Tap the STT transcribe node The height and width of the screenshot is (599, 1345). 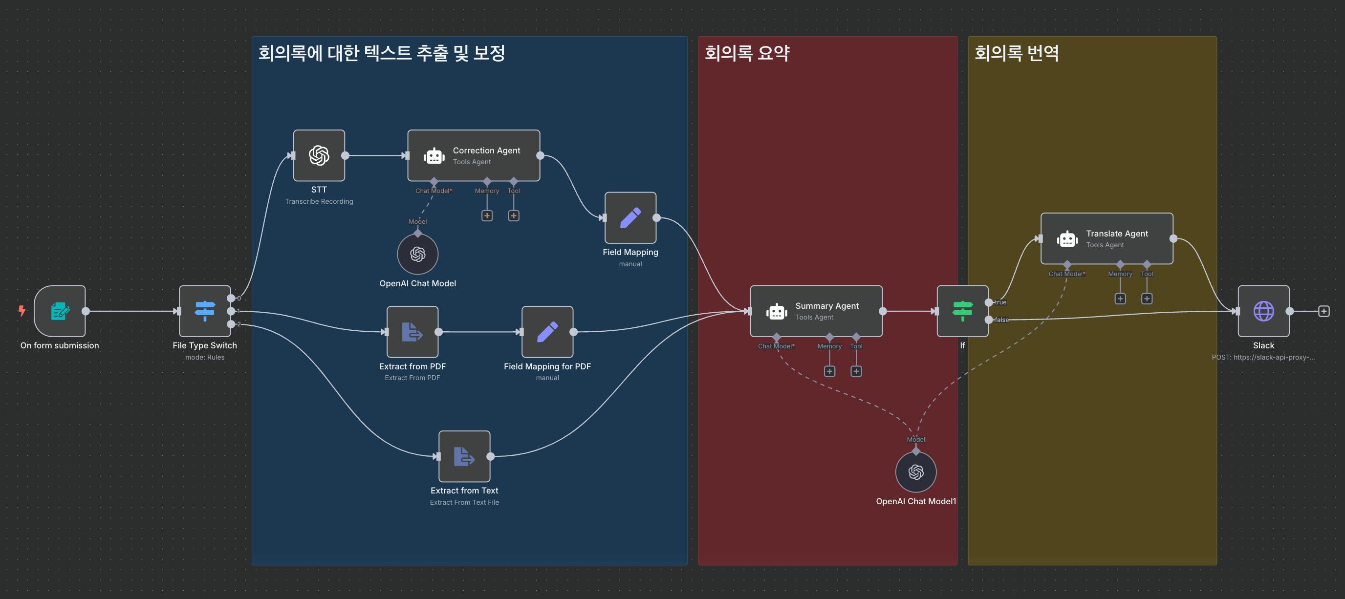[x=319, y=155]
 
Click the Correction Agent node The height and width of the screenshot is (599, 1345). [x=474, y=155]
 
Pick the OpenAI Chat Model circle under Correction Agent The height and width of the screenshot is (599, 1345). [x=418, y=254]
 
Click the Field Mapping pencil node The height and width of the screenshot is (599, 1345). [x=630, y=217]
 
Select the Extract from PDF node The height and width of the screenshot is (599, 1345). [x=412, y=332]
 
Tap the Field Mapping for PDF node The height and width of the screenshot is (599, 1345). [x=547, y=332]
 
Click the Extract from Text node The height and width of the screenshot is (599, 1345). [x=464, y=456]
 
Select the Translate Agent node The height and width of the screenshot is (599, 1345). [x=1106, y=238]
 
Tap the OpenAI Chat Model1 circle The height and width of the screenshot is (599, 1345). [x=916, y=472]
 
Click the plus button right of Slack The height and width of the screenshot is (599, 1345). [x=1323, y=312]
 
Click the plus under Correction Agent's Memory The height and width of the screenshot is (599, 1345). [x=487, y=215]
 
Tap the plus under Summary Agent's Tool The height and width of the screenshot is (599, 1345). [x=856, y=371]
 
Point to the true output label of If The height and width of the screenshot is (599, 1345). [x=1000, y=302]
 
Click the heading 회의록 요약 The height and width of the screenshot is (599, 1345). [x=747, y=53]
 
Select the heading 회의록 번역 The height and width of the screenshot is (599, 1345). [x=1017, y=53]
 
